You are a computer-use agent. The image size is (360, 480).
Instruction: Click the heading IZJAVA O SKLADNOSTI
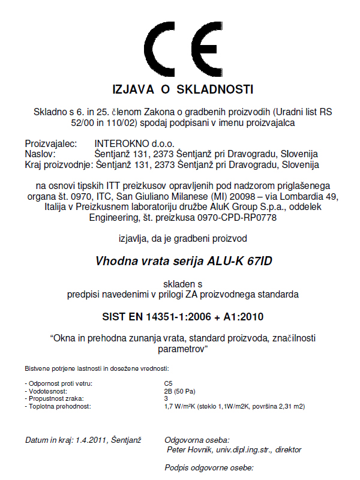[183, 89]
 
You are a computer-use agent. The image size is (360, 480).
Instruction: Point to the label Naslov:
[40, 154]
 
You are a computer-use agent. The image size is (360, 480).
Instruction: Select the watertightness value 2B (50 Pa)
[179, 389]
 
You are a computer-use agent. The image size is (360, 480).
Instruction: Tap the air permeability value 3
[166, 398]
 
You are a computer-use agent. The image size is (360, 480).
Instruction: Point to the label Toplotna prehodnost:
[58, 406]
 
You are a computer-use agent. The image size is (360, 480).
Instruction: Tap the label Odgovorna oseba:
[197, 440]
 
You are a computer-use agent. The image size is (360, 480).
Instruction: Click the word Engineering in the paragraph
[115, 218]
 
